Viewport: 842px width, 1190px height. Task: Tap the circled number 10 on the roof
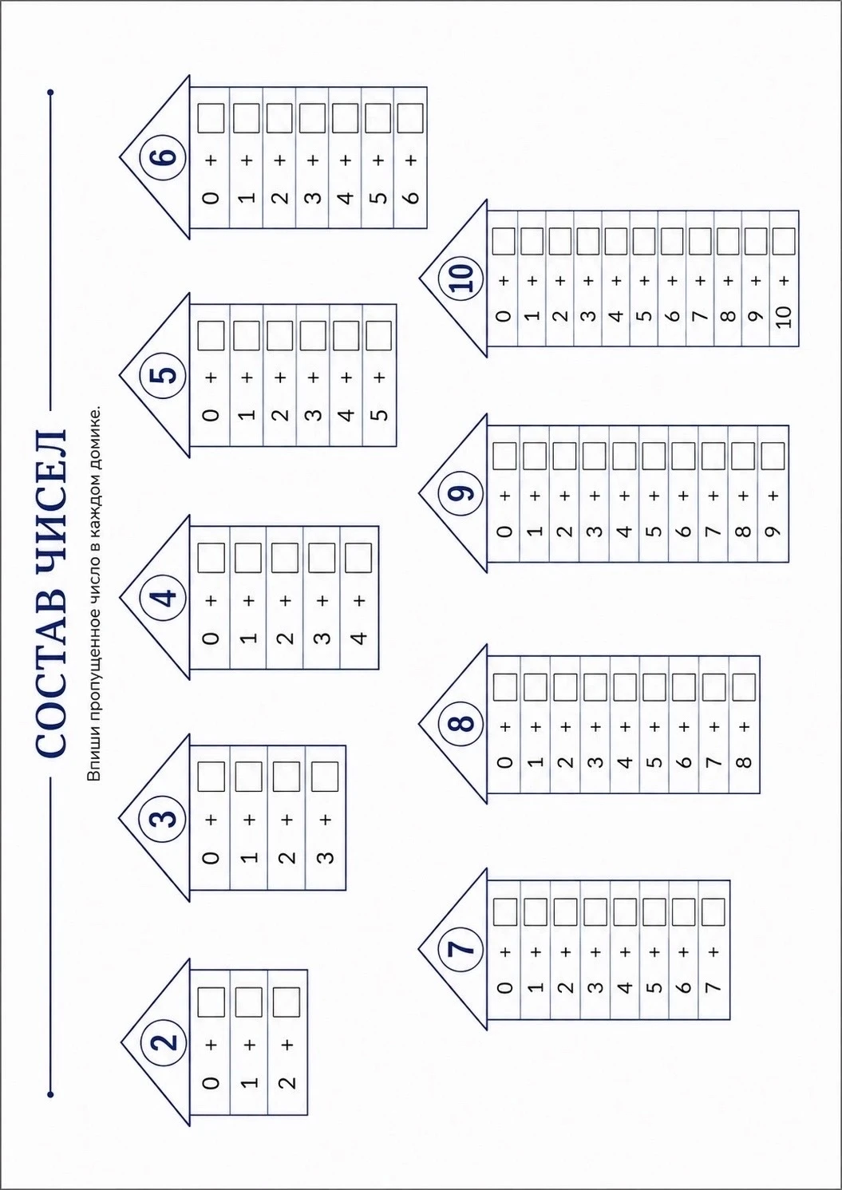[461, 278]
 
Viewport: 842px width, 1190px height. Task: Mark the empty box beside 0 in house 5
[211, 336]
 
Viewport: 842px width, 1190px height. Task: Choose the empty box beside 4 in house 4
[358, 558]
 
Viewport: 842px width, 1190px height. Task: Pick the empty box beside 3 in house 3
[325, 777]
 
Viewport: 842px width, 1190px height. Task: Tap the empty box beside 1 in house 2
[249, 1002]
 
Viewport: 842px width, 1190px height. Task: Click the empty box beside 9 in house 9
[773, 456]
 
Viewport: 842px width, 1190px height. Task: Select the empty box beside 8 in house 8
[744, 687]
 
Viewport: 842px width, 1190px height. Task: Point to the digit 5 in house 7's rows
[655, 987]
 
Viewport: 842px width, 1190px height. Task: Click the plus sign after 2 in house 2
[287, 1045]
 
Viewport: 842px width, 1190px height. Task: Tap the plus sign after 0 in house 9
[505, 496]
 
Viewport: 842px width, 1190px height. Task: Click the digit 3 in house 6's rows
[314, 198]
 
